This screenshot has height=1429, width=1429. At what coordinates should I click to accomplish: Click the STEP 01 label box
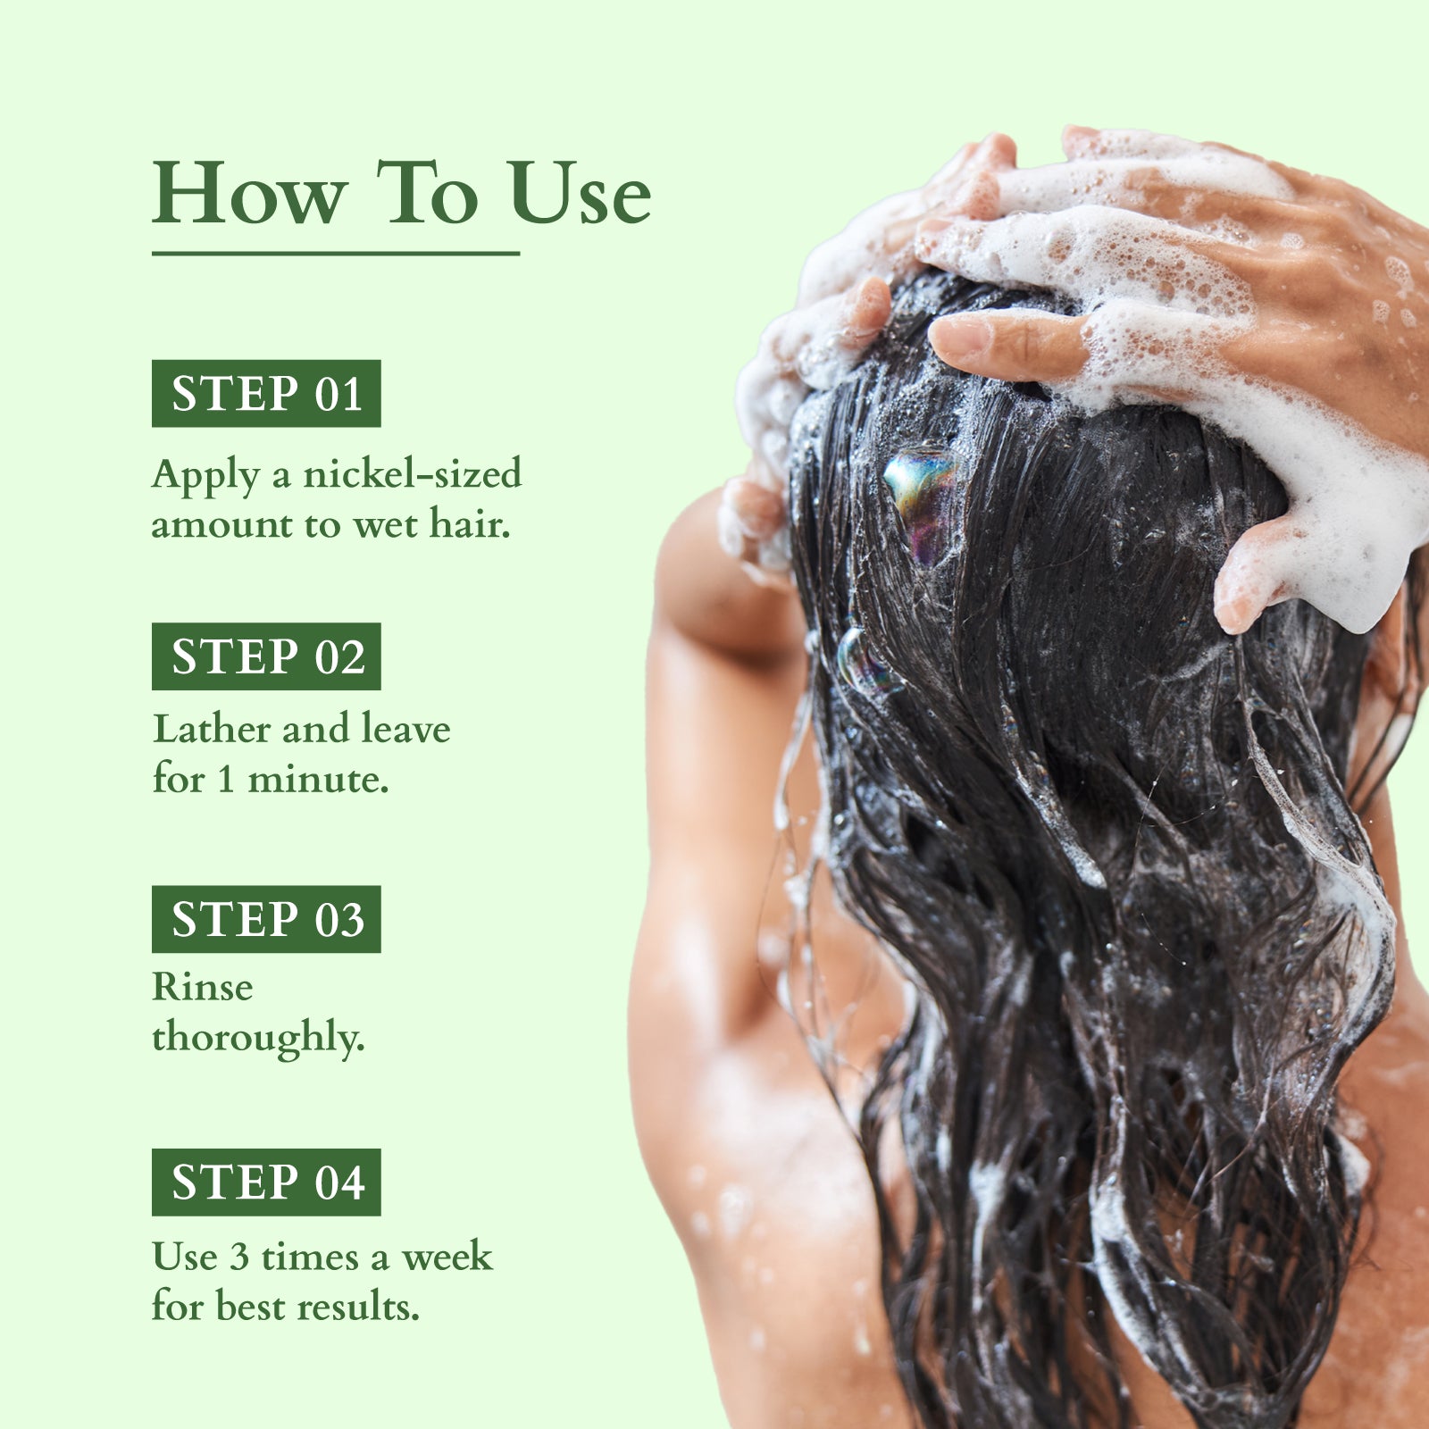coord(266,394)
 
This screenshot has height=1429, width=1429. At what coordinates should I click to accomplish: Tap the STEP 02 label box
coord(266,656)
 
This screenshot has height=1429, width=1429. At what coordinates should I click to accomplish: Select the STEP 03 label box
coord(266,919)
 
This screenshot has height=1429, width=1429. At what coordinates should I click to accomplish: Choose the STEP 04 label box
coord(266,1182)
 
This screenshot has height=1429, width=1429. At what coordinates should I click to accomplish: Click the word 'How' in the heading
coord(249,194)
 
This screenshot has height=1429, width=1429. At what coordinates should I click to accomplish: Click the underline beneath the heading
coord(335,254)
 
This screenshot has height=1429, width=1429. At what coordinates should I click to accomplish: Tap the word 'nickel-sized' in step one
coord(412,473)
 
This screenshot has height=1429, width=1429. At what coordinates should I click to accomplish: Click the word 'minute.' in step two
coord(318,779)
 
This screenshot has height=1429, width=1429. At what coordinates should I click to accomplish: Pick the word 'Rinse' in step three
coord(203,987)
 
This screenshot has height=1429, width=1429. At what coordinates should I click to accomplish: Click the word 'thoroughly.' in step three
coord(258,1038)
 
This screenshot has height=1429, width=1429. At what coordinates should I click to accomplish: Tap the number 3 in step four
coord(238,1257)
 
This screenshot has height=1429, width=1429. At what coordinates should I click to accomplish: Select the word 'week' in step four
coord(447,1257)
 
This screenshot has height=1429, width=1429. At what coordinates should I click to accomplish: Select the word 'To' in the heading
coord(427,194)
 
